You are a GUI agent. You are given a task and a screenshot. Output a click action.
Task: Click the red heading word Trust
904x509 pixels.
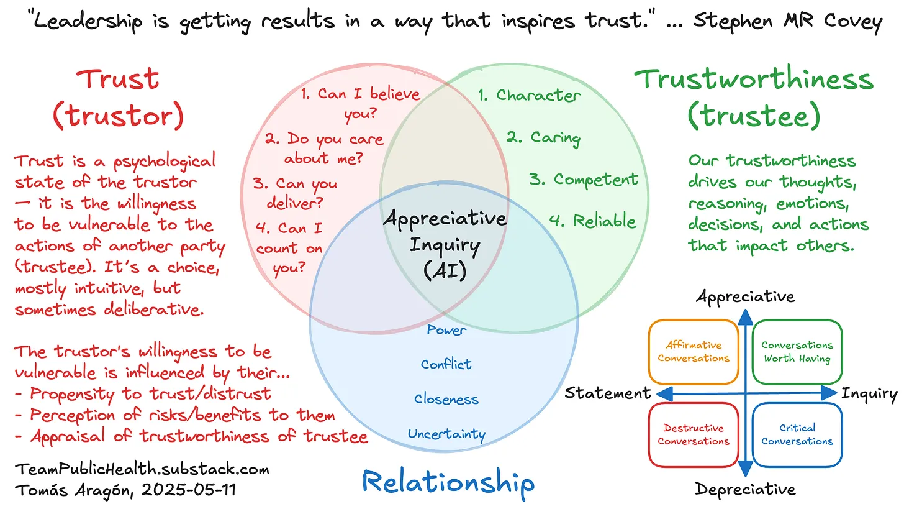[x=117, y=79]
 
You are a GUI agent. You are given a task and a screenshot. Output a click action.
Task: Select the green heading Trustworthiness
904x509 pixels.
[x=754, y=80]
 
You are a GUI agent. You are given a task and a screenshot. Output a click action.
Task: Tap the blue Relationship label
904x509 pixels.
[x=448, y=482]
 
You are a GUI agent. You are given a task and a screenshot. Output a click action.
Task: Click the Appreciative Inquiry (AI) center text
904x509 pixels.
[x=445, y=245]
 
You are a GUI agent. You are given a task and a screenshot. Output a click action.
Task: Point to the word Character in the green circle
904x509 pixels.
[x=538, y=95]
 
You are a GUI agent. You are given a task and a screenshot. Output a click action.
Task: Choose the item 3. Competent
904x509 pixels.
[x=583, y=180]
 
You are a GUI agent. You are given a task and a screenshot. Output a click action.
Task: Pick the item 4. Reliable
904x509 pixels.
[x=592, y=221]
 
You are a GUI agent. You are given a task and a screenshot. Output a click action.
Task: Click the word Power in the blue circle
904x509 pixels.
[x=446, y=330]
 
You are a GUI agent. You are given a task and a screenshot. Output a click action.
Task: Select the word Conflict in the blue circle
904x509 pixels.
[x=446, y=364]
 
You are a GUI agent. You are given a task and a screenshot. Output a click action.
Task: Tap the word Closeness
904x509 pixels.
[x=446, y=398]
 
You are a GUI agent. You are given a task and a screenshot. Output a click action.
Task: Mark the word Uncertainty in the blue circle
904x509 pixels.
[x=446, y=434]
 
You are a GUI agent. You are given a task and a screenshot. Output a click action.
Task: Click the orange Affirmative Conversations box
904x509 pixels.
[x=694, y=352]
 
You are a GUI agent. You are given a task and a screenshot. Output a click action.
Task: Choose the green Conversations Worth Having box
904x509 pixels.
[x=797, y=352]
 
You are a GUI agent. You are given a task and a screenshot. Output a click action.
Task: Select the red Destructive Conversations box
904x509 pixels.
[x=694, y=434]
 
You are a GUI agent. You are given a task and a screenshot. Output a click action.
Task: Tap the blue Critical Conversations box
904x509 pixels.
[x=797, y=434]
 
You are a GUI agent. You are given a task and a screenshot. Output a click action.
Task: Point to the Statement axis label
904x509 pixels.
[x=608, y=393]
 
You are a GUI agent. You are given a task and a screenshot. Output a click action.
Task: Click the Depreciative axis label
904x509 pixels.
[x=745, y=489]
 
